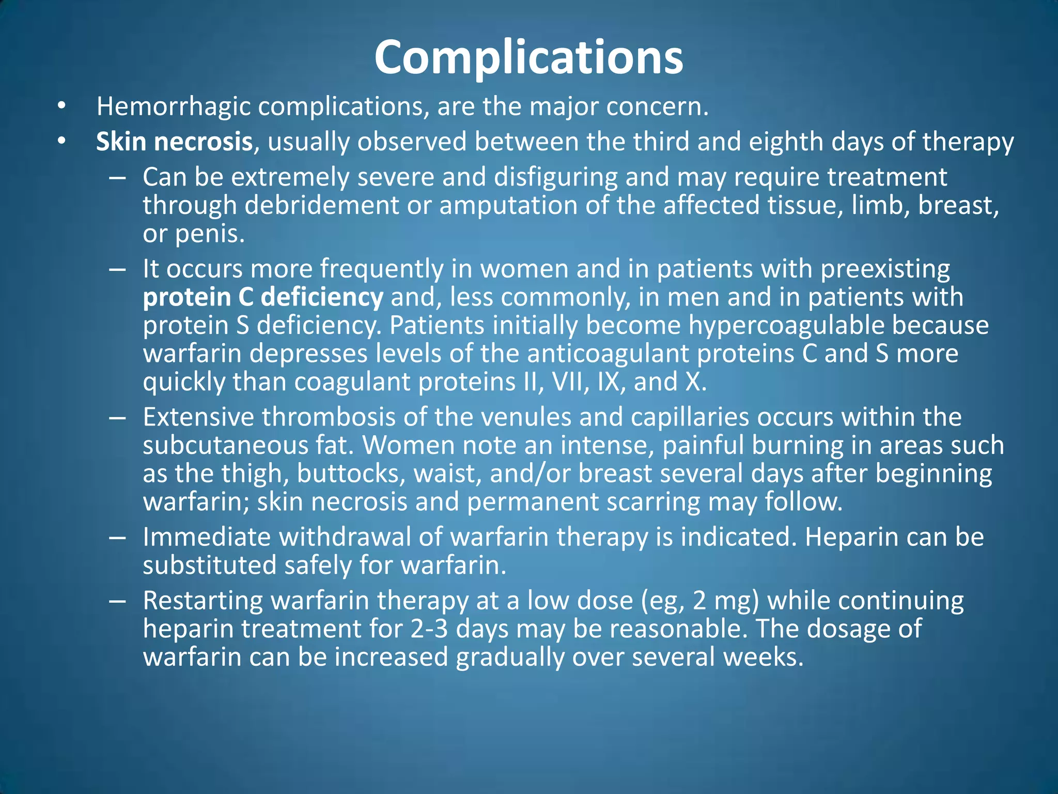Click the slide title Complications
(x=528, y=57)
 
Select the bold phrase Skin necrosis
(x=174, y=142)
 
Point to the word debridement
(x=322, y=205)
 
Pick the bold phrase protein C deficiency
(x=262, y=297)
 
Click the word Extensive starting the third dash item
(x=198, y=417)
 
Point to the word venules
(x=526, y=417)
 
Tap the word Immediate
(x=207, y=537)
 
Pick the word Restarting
(x=203, y=601)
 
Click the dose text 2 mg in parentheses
(x=725, y=601)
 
